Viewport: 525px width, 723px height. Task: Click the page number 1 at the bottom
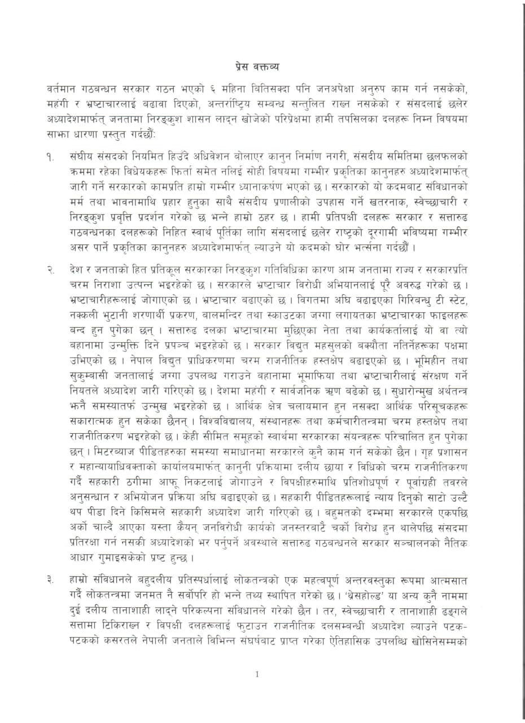point(257,674)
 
